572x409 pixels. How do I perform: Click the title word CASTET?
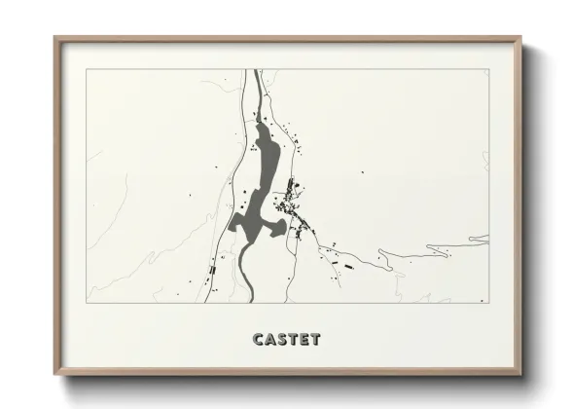point(286,340)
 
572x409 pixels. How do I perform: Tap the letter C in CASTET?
point(259,340)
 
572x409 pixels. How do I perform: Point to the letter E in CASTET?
point(304,340)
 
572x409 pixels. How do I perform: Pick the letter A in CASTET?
point(270,340)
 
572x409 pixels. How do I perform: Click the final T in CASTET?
point(314,340)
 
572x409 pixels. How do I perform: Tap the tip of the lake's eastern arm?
point(288,230)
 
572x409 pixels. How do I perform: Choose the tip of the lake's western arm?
point(232,230)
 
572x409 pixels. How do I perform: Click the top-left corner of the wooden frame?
point(55,38)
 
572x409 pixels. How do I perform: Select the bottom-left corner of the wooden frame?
point(55,375)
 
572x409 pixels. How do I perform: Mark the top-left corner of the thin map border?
point(86,68)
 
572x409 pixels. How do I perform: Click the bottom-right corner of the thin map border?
point(488,303)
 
